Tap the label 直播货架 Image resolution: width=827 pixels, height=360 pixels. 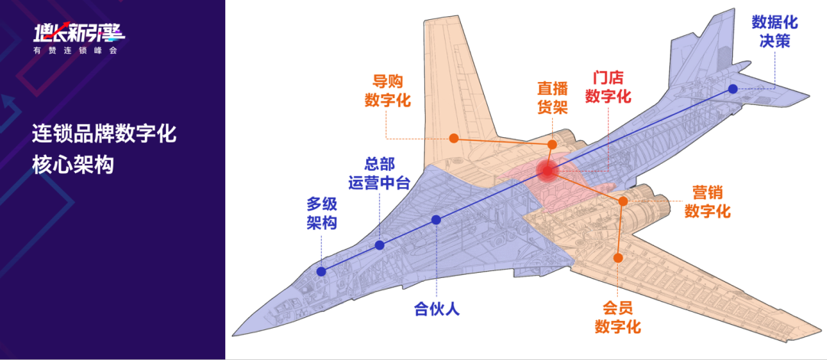coord(552,99)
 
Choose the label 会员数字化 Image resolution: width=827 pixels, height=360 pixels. coord(618,318)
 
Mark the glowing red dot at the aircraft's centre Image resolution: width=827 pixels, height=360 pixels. coord(547,170)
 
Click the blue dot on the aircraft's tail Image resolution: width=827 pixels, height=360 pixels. coord(733,89)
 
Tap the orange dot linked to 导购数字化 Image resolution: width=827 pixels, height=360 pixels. coord(453,139)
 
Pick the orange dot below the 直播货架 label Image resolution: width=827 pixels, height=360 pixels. coord(552,144)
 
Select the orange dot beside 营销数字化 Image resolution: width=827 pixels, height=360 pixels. coord(623,201)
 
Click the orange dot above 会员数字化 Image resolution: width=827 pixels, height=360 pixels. coord(618,259)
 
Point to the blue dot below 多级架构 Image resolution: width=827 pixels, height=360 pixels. coord(322,271)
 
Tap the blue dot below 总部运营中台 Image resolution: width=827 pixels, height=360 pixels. coord(380,245)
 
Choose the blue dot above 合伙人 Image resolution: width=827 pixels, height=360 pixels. coord(436,220)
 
